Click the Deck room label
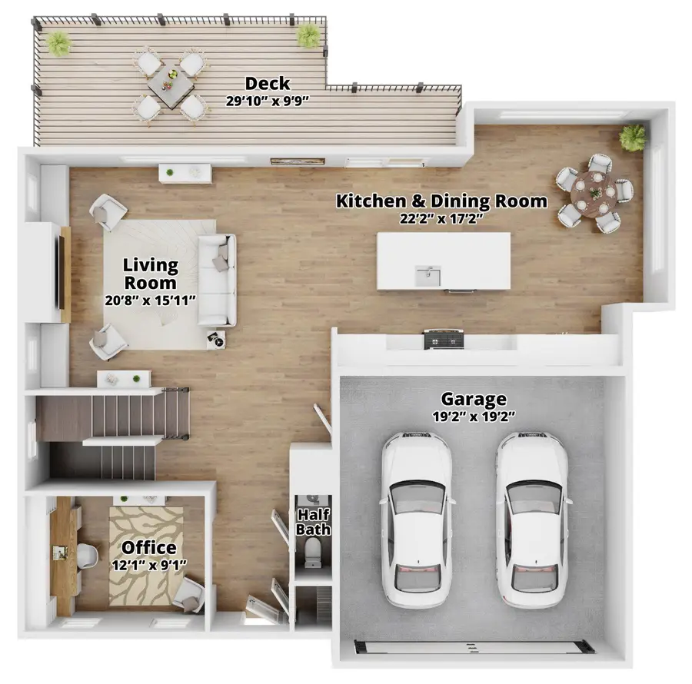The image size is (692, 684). click(x=268, y=83)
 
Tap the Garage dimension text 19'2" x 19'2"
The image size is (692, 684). click(x=474, y=417)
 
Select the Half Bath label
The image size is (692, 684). click(x=313, y=522)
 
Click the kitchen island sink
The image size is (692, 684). click(x=428, y=276)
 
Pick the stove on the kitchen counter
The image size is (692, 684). click(x=444, y=339)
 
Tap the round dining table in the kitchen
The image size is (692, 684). click(x=594, y=193)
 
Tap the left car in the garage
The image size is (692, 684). click(x=417, y=520)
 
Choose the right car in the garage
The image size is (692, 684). click(x=532, y=520)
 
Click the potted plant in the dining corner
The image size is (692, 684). click(x=633, y=137)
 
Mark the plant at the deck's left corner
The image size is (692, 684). click(x=59, y=43)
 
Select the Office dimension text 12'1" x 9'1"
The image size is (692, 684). click(x=149, y=566)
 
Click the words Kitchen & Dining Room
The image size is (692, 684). click(x=441, y=201)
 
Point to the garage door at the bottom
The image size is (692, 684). click(x=474, y=647)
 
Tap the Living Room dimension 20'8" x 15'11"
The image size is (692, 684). click(x=150, y=300)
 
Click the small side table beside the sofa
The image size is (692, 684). click(x=216, y=340)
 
